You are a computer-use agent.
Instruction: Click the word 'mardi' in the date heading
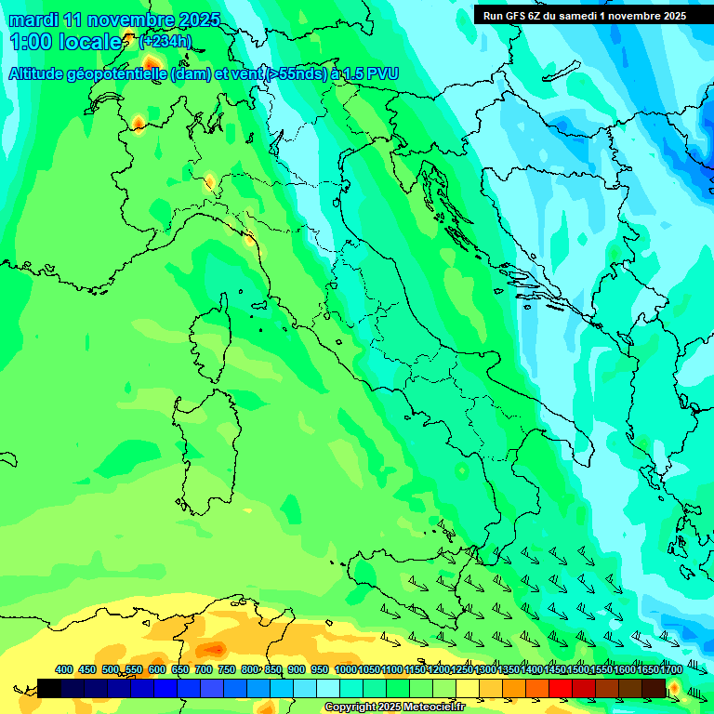33,20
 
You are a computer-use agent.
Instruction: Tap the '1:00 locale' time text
65,42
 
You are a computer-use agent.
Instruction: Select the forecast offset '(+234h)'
165,42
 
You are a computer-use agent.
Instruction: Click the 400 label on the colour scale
64,669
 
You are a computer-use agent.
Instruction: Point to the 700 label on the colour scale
204,669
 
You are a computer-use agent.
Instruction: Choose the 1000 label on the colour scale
345,669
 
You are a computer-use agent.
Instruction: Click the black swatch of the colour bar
49,688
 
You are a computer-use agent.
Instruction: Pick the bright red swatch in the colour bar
561,688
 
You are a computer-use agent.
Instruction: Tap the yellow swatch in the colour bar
468,688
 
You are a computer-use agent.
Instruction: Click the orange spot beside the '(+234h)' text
150,64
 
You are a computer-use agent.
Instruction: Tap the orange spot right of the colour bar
674,689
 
